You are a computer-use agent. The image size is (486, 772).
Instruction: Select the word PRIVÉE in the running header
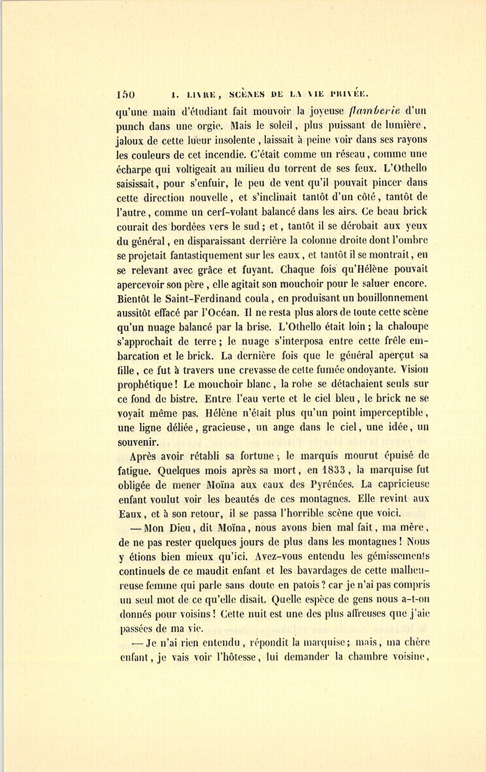tap(349, 93)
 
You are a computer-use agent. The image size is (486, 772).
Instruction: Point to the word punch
tap(130, 127)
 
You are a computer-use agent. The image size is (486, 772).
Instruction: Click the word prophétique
tap(146, 384)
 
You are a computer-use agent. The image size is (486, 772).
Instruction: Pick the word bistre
tap(181, 399)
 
